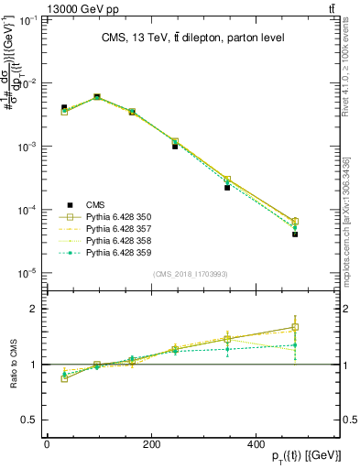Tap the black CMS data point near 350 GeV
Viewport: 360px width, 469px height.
(x=253, y=187)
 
